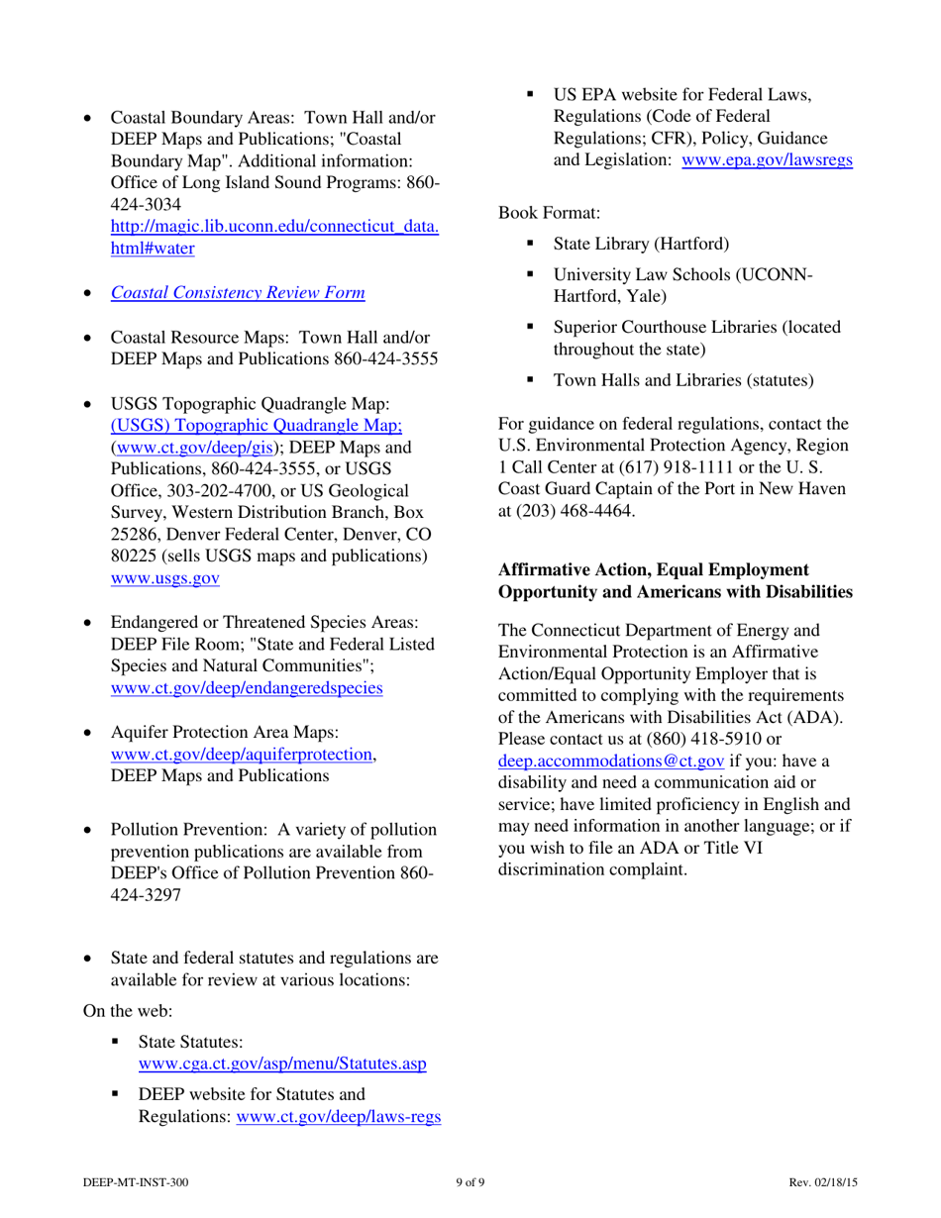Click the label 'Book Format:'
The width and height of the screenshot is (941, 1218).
coord(543,212)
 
